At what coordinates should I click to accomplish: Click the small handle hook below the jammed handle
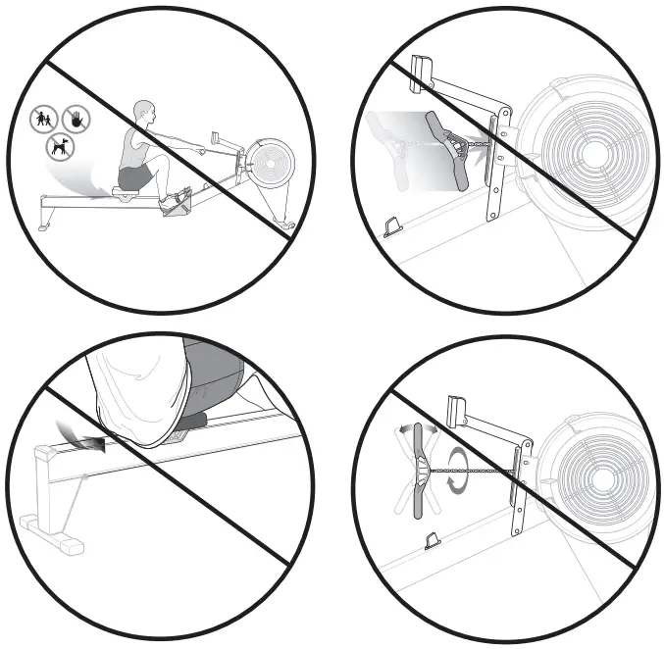[x=391, y=227]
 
